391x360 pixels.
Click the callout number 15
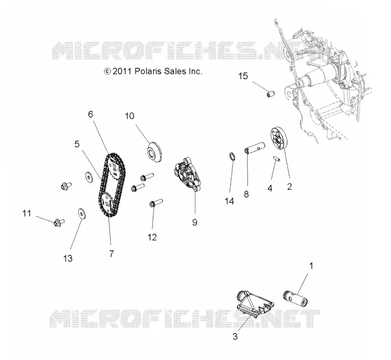(x=243, y=76)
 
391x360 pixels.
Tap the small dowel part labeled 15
(x=271, y=94)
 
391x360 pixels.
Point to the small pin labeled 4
(x=277, y=158)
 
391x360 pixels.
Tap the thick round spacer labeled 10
(x=154, y=152)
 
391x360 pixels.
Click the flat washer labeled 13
(x=82, y=213)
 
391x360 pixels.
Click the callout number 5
(x=77, y=144)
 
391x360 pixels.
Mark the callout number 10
(x=130, y=116)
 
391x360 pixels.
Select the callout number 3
(x=235, y=337)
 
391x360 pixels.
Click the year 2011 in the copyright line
(x=122, y=71)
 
